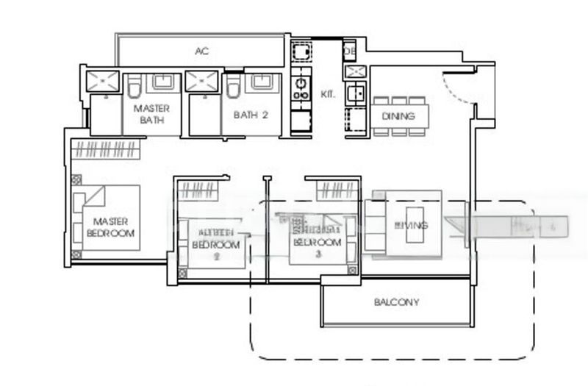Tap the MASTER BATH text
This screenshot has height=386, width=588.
[x=151, y=114]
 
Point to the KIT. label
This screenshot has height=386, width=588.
[x=328, y=95]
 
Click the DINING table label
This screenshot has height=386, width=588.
[x=398, y=115]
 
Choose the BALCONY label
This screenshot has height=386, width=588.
[x=396, y=302]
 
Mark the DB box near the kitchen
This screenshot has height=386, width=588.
[x=349, y=50]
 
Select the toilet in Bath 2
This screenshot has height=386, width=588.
[x=234, y=89]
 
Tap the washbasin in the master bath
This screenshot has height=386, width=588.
[x=162, y=82]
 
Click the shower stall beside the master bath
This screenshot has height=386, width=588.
[x=102, y=81]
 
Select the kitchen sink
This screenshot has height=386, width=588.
[x=355, y=93]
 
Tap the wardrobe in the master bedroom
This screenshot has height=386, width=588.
[x=104, y=150]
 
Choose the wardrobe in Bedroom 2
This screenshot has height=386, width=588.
[x=196, y=191]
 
